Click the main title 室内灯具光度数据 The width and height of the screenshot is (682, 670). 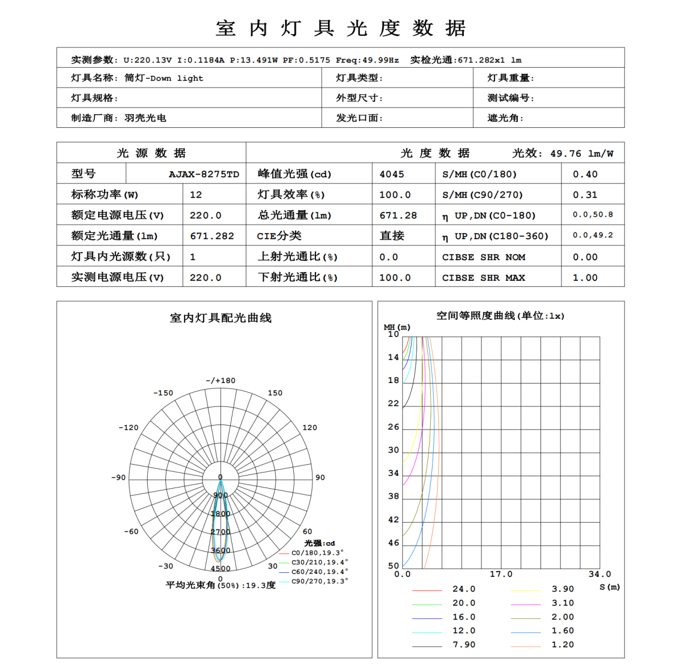click(x=341, y=28)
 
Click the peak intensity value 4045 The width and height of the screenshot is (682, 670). click(x=392, y=174)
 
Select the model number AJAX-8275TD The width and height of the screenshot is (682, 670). click(x=203, y=174)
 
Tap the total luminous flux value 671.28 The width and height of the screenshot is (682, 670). click(x=398, y=215)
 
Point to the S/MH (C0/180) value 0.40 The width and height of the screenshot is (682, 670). click(x=585, y=174)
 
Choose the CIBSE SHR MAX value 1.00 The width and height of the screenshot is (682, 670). click(x=585, y=278)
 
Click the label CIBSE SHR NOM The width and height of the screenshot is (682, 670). click(x=484, y=257)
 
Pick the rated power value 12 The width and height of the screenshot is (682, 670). click(x=196, y=195)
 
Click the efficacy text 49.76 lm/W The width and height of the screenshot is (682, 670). click(x=581, y=153)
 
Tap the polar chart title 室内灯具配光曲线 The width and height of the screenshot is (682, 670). click(x=221, y=318)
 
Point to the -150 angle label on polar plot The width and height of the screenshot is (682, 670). click(x=163, y=393)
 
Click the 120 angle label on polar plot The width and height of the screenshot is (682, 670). click(x=310, y=428)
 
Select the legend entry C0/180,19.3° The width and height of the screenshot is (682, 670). click(x=317, y=553)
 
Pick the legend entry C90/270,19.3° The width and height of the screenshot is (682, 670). click(x=319, y=581)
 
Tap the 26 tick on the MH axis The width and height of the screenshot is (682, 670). click(x=393, y=427)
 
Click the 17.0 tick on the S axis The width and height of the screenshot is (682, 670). click(x=501, y=575)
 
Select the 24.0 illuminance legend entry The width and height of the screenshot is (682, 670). click(x=464, y=589)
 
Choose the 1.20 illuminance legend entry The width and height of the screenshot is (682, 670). click(x=563, y=645)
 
